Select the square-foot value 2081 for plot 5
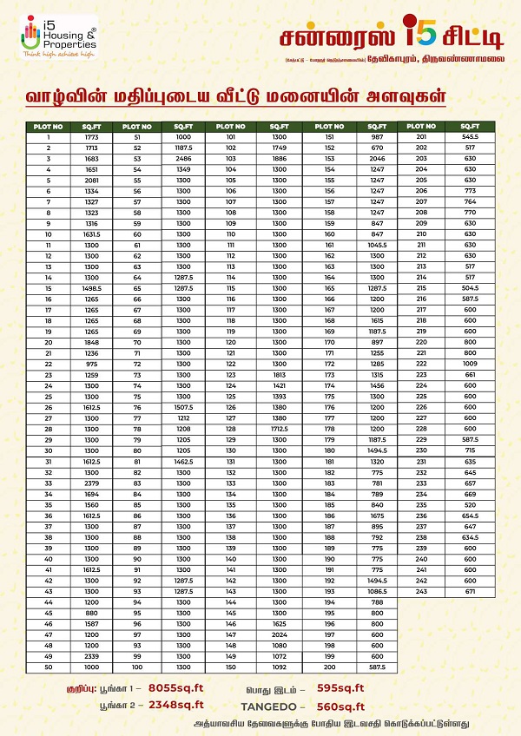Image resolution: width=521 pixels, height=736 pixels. [91, 181]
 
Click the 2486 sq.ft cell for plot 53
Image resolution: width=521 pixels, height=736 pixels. [182, 159]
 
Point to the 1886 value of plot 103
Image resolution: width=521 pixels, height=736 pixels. [279, 159]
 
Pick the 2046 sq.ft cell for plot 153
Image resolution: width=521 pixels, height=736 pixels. [376, 159]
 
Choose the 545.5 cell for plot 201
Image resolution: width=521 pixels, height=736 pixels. [470, 137]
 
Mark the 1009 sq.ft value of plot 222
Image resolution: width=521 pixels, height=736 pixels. [470, 365]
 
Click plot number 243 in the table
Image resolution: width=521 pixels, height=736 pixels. [421, 591]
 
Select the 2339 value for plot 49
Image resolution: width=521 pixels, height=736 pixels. [91, 656]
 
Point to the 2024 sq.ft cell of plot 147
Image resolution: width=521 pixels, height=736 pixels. [279, 634]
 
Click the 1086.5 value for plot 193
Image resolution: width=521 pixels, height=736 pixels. [376, 591]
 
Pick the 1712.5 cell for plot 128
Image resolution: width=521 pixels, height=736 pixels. [279, 429]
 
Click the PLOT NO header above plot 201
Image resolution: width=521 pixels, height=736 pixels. [421, 127]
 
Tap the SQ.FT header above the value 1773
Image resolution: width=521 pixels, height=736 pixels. [91, 127]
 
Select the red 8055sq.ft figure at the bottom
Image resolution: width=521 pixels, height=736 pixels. [175, 687]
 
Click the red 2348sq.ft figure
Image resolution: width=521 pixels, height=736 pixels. [176, 705]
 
